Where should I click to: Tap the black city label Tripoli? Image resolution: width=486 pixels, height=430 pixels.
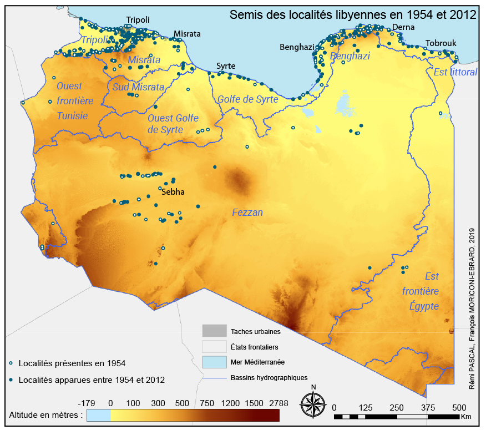coord(138,20)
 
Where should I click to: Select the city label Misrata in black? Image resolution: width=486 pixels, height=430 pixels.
coord(187,34)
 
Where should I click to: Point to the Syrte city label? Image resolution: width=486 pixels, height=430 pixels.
coord(225,66)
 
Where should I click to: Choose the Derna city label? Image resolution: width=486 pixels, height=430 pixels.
coord(403,28)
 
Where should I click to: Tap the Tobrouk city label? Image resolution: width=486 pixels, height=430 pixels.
coord(441,43)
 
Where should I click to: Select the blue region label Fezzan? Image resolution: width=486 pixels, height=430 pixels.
coord(247,213)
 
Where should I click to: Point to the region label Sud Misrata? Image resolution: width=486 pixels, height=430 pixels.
coord(138,87)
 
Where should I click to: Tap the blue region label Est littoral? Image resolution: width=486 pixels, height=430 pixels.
coord(454,72)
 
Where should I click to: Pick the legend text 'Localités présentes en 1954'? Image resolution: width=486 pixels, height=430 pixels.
coord(72,363)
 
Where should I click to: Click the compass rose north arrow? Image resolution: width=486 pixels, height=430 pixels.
coord(313,403)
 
